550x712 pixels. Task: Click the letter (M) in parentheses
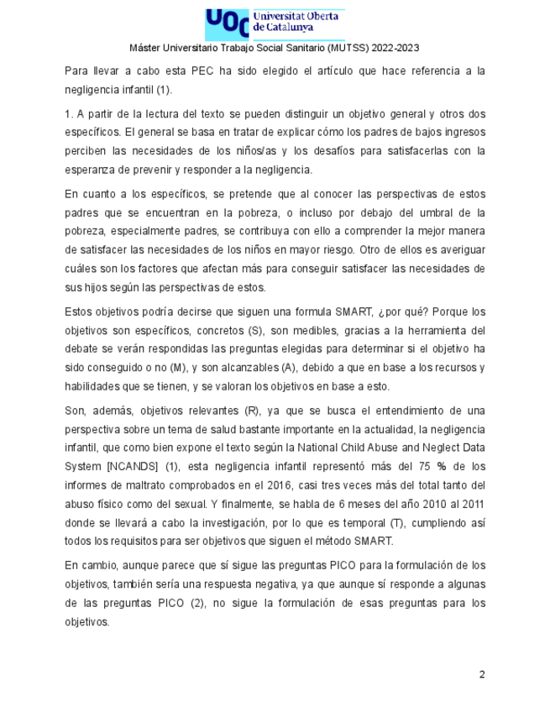[179, 368]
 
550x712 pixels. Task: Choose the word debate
[84, 349]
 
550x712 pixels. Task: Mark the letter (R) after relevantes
[249, 411]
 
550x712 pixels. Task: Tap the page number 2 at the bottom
[482, 674]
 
